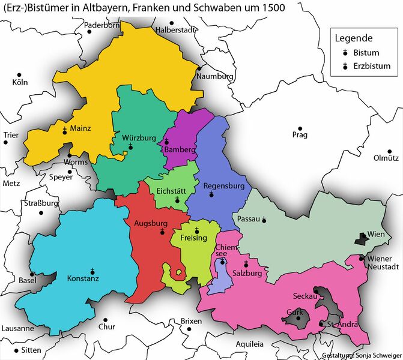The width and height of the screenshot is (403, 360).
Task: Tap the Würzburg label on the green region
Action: point(139,137)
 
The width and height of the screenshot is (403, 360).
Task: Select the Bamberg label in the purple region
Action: point(180,149)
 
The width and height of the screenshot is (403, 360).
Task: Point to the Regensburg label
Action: point(224,186)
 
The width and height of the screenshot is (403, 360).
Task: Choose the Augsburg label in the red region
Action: point(150,223)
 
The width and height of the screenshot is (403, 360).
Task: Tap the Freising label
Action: point(193,238)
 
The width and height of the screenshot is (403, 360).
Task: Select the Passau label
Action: point(249,219)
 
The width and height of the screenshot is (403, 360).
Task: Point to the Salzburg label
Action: point(246,273)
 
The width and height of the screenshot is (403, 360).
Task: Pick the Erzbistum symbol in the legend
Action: point(346,66)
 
